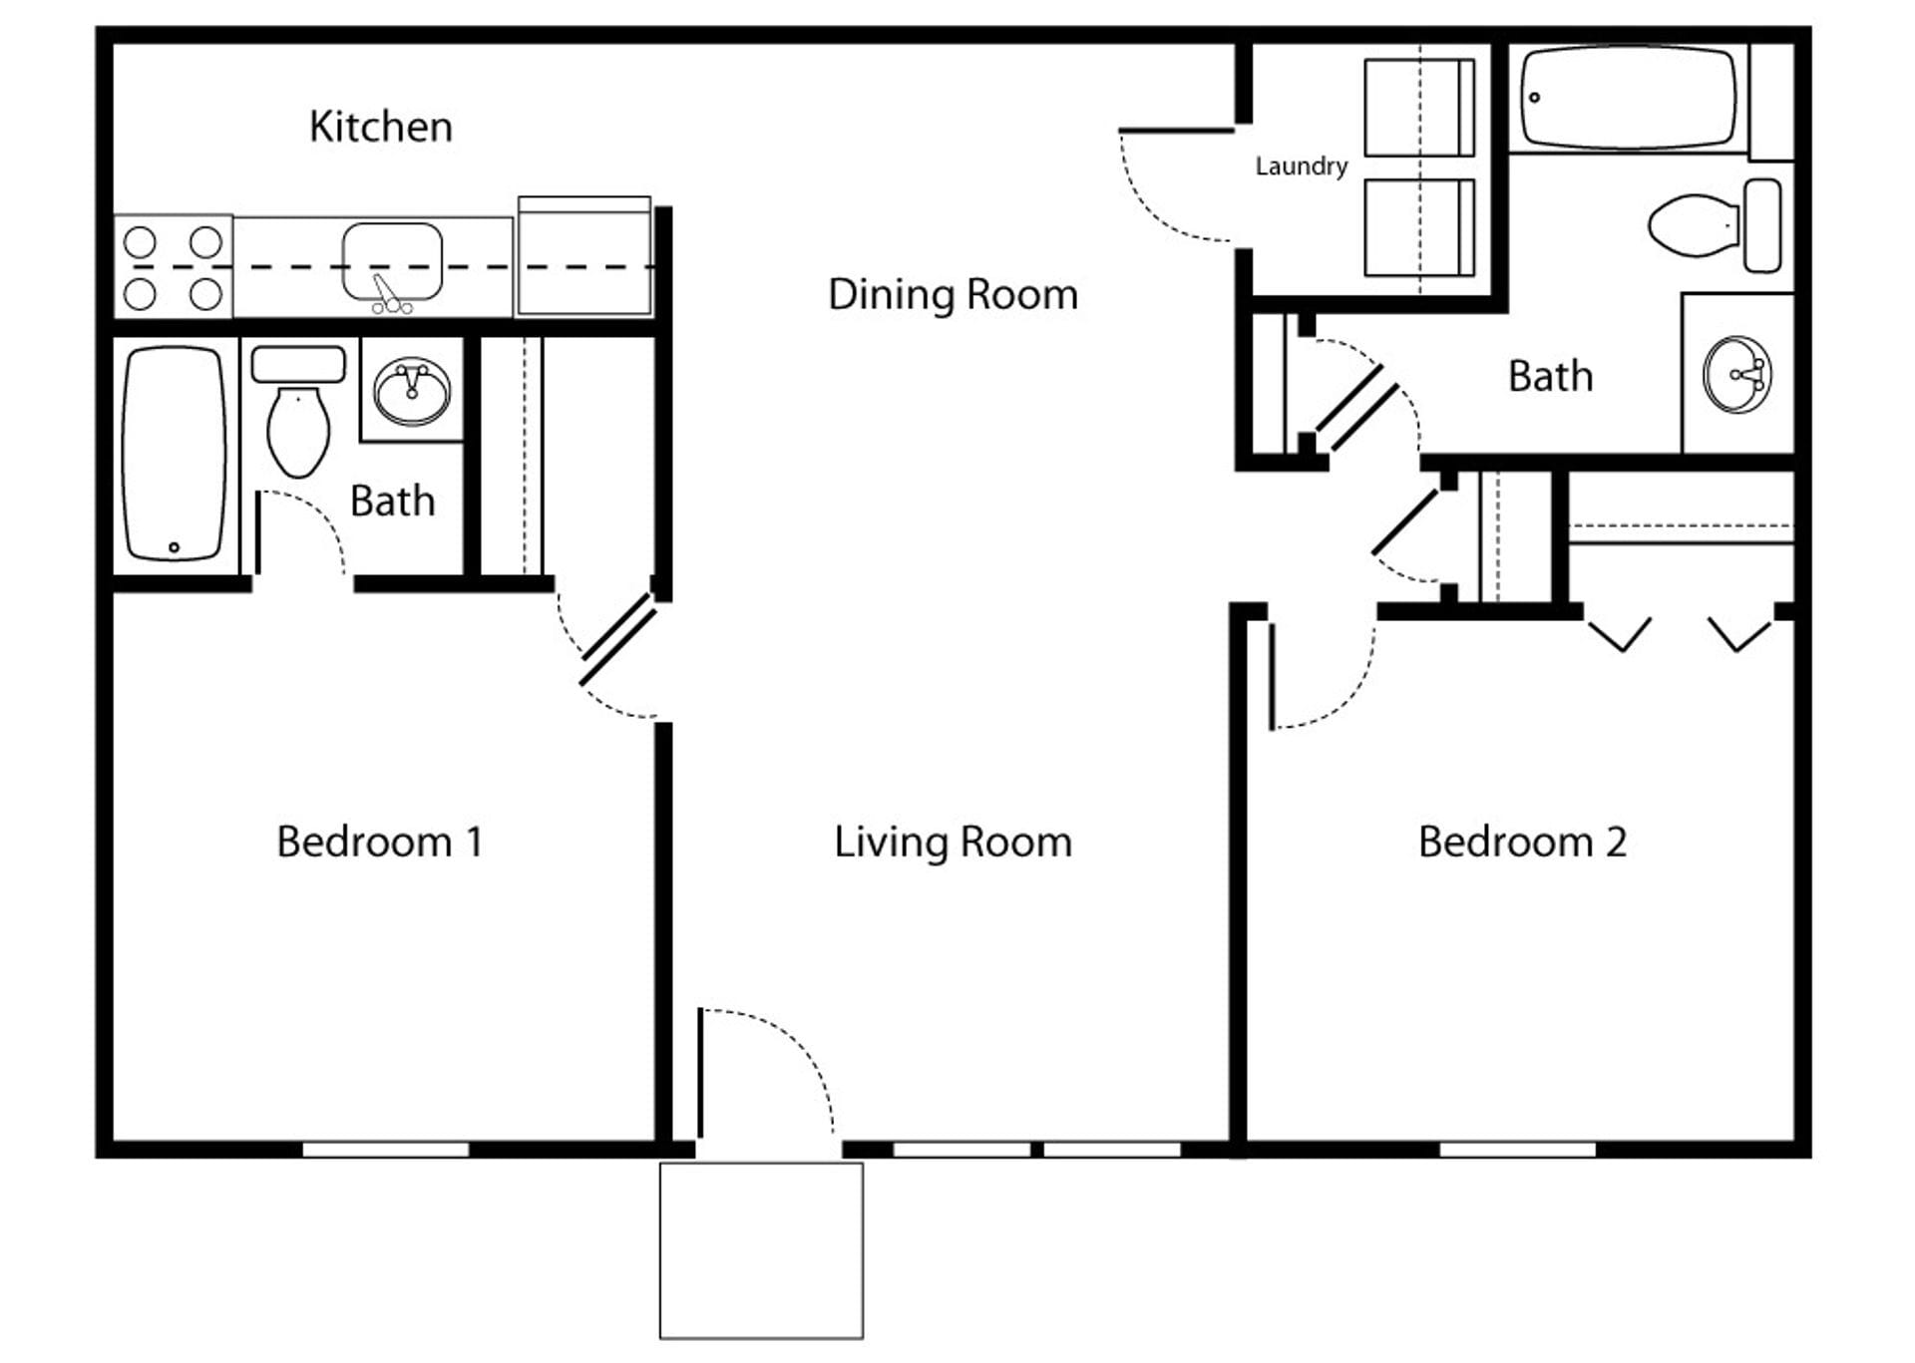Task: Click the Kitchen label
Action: (380, 127)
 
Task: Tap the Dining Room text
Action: (953, 295)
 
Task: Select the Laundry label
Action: (1301, 166)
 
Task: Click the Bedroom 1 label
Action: (379, 842)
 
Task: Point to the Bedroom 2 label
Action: (1522, 842)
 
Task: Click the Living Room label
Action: (953, 842)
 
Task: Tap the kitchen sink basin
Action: (392, 261)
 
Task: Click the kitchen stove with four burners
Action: (173, 267)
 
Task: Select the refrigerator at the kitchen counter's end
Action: (583, 257)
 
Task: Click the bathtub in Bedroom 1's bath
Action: (174, 454)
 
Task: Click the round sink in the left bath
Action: (412, 392)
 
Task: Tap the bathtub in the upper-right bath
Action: (1627, 98)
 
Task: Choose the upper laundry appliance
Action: (1418, 108)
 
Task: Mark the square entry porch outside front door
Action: (761, 1250)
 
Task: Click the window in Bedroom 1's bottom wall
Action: (385, 1150)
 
